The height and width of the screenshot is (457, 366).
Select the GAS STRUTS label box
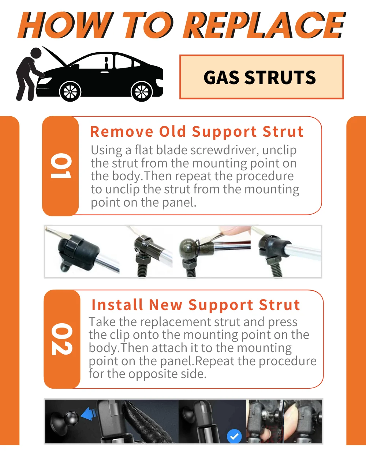[x=261, y=77]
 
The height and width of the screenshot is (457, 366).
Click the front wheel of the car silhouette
[x=70, y=91]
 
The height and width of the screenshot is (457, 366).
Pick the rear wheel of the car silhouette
[x=142, y=91]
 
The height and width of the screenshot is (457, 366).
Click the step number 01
[x=60, y=166]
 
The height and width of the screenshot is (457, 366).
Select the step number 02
[x=61, y=339]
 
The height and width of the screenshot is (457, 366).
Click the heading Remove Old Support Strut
[x=197, y=132]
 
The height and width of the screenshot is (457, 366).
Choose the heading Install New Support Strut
[x=196, y=305]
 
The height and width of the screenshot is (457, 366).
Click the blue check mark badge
[x=234, y=436]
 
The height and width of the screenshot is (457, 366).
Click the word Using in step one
[x=107, y=150]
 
